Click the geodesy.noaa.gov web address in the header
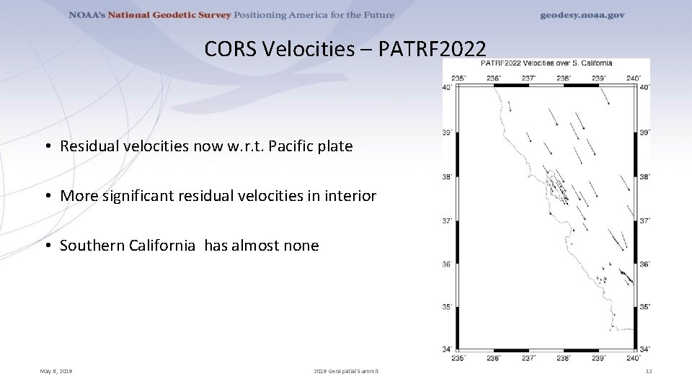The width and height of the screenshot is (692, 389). click(x=582, y=15)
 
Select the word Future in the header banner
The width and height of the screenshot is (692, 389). click(x=377, y=15)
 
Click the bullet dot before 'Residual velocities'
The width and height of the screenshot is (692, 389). click(x=46, y=147)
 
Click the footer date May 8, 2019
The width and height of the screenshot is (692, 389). click(x=56, y=371)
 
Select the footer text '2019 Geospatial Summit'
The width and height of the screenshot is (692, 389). click(x=346, y=371)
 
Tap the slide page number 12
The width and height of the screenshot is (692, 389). click(x=648, y=371)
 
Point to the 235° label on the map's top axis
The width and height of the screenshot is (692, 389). click(x=458, y=78)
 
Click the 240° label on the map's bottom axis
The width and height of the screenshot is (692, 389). click(x=633, y=358)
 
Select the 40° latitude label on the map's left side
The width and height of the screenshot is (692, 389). click(x=447, y=87)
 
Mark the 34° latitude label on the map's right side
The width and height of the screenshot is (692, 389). click(x=645, y=350)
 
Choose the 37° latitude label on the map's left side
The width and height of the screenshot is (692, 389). click(x=447, y=221)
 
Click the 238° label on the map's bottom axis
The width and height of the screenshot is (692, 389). click(x=563, y=358)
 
